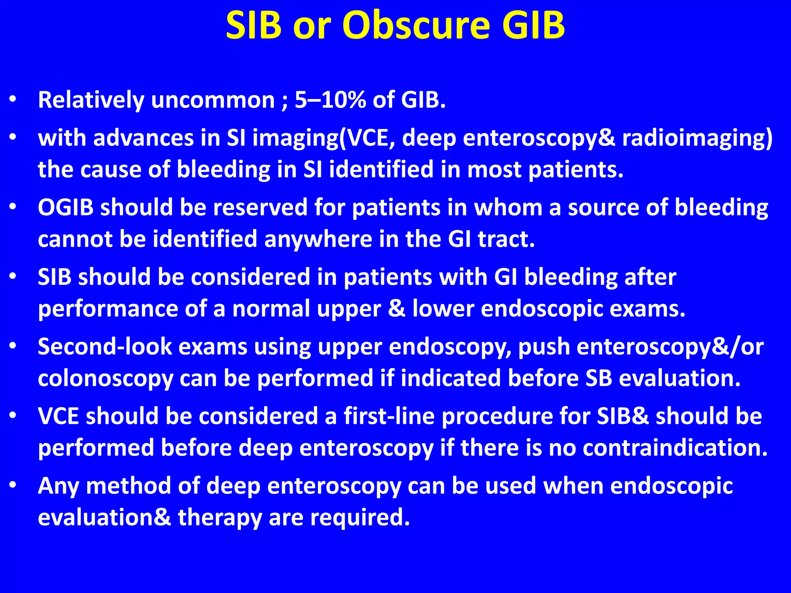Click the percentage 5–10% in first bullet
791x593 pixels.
(x=330, y=100)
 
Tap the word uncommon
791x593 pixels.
(x=213, y=100)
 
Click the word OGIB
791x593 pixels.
(x=66, y=208)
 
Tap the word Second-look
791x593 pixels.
(x=105, y=347)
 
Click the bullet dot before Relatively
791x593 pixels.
(x=13, y=100)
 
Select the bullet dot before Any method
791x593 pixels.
(x=13, y=485)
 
